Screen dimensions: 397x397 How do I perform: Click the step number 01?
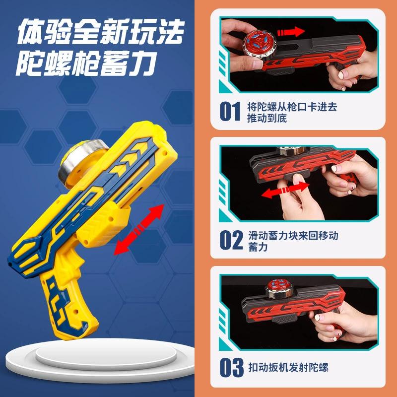coord(230,111)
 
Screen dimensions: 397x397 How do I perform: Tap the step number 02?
coord(231,240)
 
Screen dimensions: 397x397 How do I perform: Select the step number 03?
coord(231,367)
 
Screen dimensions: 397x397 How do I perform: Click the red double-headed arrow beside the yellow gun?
coord(139,229)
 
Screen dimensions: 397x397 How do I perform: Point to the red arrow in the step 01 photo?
coord(291,32)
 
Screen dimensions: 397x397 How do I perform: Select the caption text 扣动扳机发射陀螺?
coord(288,367)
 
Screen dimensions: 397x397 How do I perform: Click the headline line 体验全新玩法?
coord(101,31)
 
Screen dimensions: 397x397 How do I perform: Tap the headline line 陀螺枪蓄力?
coord(86,63)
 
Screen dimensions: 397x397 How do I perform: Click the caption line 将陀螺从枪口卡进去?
coord(292,107)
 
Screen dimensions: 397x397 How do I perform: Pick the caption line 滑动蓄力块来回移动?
coord(293,235)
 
